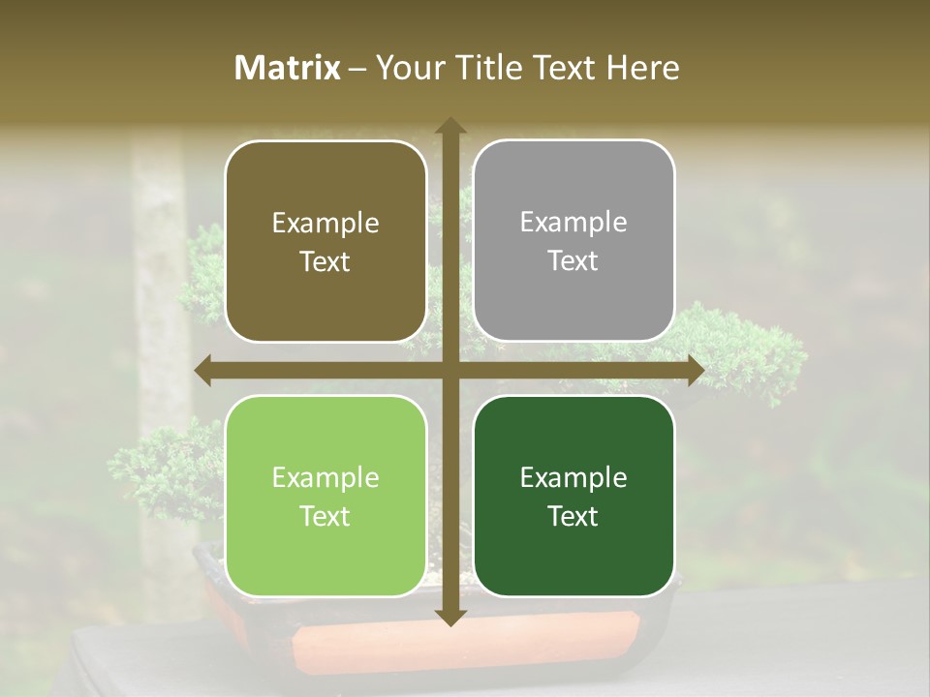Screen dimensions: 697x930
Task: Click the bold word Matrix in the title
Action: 288,68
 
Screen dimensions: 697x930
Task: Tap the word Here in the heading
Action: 642,68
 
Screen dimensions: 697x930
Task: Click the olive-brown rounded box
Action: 325,241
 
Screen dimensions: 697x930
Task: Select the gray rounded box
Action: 573,241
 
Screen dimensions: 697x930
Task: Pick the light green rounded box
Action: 325,497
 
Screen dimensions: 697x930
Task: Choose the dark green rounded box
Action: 573,497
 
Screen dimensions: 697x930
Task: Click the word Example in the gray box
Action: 573,223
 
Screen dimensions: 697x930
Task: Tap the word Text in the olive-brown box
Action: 325,262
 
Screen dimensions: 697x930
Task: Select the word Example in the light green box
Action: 325,477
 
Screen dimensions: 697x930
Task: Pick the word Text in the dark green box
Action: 573,517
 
